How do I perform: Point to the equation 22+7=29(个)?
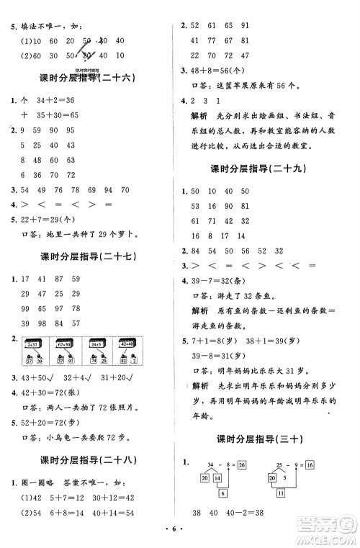coord(50,218)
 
